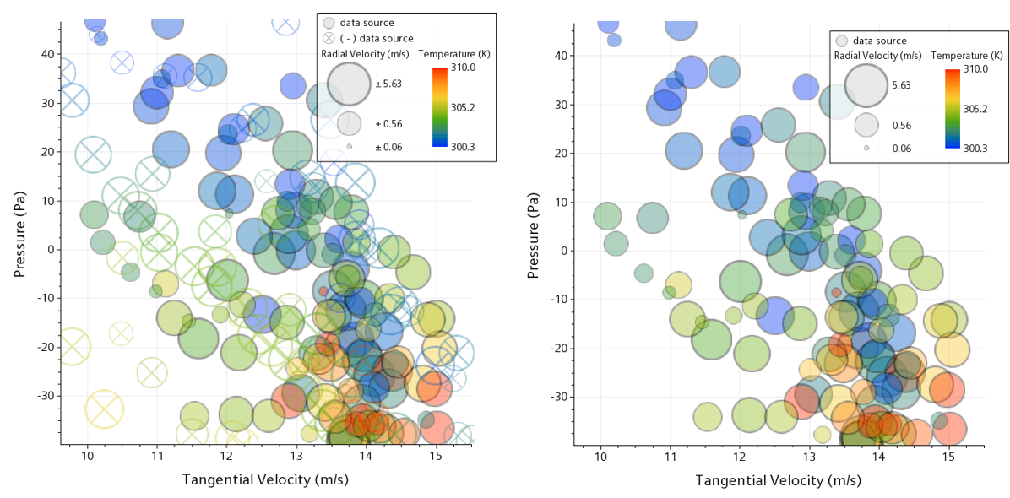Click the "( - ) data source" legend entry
pos(377,38)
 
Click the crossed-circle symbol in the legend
pos(329,38)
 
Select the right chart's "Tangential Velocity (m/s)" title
pos(778,480)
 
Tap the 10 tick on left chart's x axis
pos(87,457)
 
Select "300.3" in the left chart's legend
pos(464,147)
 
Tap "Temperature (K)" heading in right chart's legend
pos(967,56)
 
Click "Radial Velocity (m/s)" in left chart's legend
pos(365,53)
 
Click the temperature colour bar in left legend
pos(439,106)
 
